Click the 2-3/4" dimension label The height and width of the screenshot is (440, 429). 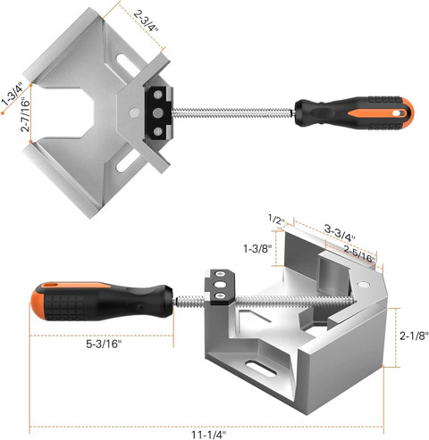(x=146, y=21)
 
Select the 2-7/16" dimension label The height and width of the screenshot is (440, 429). (x=26, y=115)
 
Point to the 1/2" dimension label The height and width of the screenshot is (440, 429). (x=276, y=220)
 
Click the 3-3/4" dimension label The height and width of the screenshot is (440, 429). (x=340, y=233)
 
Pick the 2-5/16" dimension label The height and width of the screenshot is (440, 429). (x=359, y=254)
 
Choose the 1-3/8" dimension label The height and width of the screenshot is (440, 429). (x=257, y=248)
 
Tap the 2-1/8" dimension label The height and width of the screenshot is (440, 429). (x=414, y=336)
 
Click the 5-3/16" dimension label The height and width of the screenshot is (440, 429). (x=104, y=344)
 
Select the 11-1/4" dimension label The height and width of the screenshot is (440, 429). (x=209, y=435)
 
